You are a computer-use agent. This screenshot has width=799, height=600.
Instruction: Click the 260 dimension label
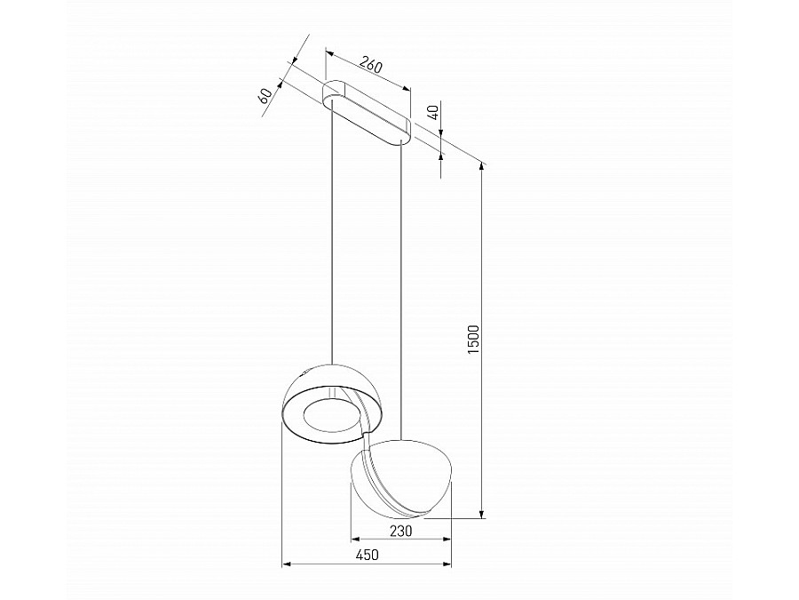pos(370,65)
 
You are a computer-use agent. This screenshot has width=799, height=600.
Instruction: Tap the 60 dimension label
pos(265,96)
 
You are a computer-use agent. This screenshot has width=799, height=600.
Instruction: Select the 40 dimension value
pos(433,112)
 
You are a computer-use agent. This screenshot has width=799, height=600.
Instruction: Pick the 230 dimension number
pos(401,531)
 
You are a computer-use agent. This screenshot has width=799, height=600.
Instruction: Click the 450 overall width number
pos(367,555)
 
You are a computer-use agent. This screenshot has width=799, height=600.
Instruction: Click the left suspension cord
pos(332,231)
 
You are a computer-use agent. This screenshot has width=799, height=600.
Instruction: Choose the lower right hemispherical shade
pos(417,471)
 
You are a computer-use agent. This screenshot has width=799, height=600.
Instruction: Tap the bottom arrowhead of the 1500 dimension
pos(481,513)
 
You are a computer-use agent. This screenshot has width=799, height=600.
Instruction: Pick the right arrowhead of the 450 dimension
pos(447,564)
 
